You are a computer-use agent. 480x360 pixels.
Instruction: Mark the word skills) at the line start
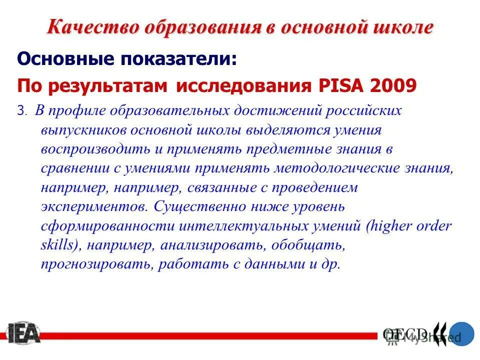[56, 245]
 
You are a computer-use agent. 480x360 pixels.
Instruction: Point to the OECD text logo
[405, 333]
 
